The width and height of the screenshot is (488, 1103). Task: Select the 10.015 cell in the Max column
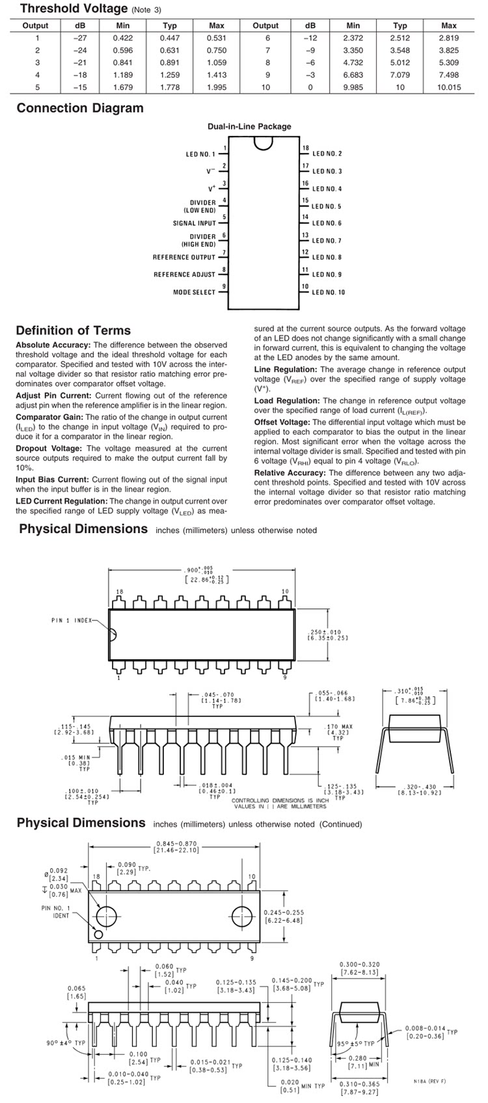click(448, 87)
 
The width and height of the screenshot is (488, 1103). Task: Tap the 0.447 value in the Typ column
click(169, 38)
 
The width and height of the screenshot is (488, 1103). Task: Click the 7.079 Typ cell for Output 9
click(400, 75)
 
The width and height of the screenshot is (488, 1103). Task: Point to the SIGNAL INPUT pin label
click(194, 223)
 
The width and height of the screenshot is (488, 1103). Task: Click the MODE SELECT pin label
click(193, 292)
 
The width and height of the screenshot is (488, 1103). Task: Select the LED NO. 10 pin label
click(329, 292)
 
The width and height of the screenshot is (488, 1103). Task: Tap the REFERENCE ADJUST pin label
click(184, 275)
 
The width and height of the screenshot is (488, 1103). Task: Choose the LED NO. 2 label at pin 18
click(327, 154)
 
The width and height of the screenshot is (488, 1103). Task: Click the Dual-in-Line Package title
click(249, 126)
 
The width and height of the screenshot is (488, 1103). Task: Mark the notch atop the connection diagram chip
click(263, 144)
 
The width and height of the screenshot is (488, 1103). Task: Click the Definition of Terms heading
click(73, 330)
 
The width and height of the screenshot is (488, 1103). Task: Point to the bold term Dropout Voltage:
click(49, 448)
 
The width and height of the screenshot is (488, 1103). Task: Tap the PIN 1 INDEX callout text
click(73, 620)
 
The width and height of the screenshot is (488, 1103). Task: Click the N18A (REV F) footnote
click(429, 1081)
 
